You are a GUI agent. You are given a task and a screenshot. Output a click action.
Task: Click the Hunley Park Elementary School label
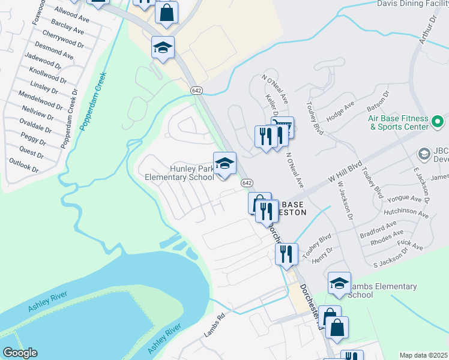click(179, 173)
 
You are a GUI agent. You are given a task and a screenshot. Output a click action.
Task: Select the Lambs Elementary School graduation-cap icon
click(339, 284)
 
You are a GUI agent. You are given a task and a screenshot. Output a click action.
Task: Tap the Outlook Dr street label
click(24, 166)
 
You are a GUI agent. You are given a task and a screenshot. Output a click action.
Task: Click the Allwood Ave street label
click(71, 15)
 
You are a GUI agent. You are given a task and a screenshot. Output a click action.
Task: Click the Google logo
click(20, 353)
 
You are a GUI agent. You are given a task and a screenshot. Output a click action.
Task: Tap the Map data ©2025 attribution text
click(424, 355)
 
